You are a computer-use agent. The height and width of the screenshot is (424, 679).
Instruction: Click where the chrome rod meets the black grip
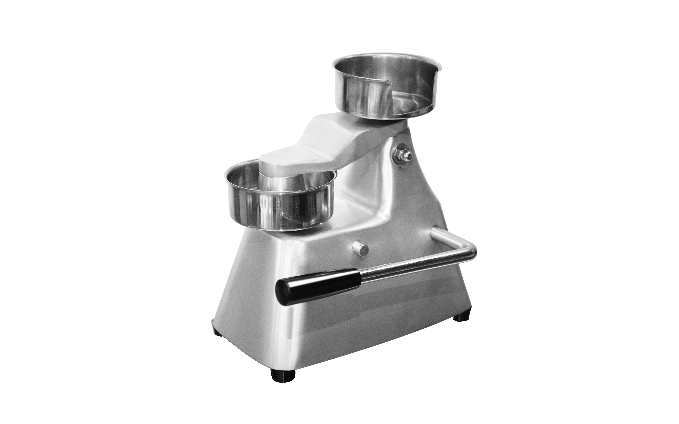click(x=360, y=275)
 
